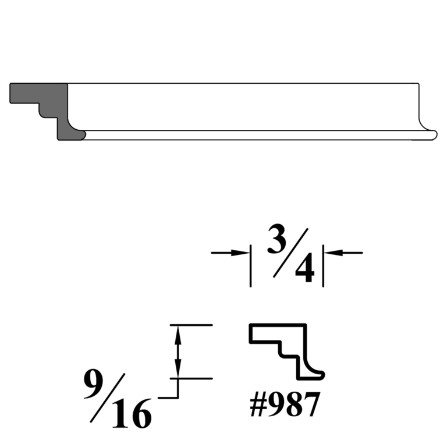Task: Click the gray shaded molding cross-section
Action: pyautogui.click(x=52, y=102)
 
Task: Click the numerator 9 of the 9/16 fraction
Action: pyautogui.click(x=95, y=385)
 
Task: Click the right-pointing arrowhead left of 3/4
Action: pyautogui.click(x=239, y=253)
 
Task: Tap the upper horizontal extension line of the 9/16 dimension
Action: pyautogui.click(x=192, y=325)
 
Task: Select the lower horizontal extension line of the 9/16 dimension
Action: pyautogui.click(x=192, y=379)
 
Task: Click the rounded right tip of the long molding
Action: pyautogui.click(x=434, y=135)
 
